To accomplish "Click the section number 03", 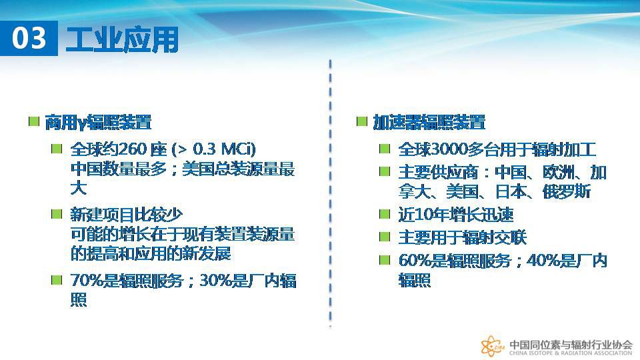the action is click(29, 38).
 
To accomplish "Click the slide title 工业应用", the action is click(122, 39).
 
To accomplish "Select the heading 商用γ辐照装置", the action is click(98, 122).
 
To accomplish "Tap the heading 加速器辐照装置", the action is click(429, 122).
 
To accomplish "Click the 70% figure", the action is click(86, 281).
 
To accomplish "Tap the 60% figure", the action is click(414, 261).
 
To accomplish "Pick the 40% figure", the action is click(542, 261).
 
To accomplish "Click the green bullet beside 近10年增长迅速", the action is click(385, 214).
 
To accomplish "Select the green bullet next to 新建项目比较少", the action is click(56, 214).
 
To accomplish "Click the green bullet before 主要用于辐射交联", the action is click(385, 237).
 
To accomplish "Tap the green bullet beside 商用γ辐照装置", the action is click(34, 121).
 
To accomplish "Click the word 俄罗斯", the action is click(567, 191).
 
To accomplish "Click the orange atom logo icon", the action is click(492, 347).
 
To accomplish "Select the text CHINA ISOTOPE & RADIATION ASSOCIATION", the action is click(570, 353).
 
